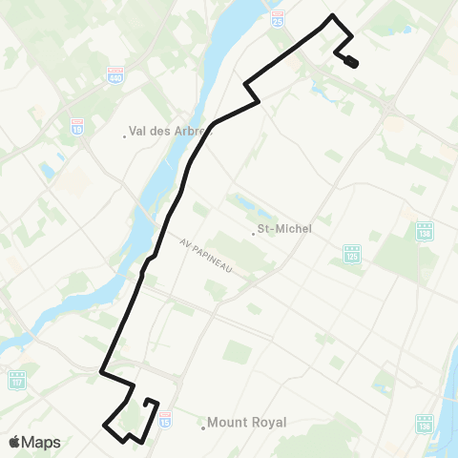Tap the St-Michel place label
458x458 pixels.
click(x=285, y=229)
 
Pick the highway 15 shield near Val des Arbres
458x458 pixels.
click(x=77, y=125)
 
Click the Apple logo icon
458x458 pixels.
click(x=15, y=442)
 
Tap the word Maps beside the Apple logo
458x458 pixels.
click(x=42, y=443)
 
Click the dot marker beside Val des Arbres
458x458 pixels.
click(x=125, y=135)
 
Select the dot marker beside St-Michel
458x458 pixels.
click(x=253, y=231)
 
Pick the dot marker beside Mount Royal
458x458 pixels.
click(x=203, y=424)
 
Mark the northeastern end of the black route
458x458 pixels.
click(x=354, y=63)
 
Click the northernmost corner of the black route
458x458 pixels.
click(x=332, y=16)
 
